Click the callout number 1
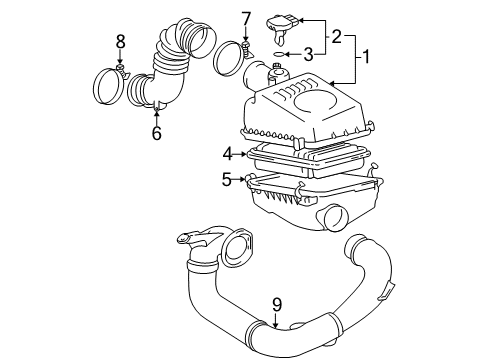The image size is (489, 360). [367, 58]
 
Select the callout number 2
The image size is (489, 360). [338, 38]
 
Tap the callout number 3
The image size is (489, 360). [310, 55]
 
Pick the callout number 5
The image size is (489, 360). [228, 180]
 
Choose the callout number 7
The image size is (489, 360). [246, 18]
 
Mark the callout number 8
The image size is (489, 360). [120, 42]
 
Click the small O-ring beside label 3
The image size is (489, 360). [283, 56]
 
